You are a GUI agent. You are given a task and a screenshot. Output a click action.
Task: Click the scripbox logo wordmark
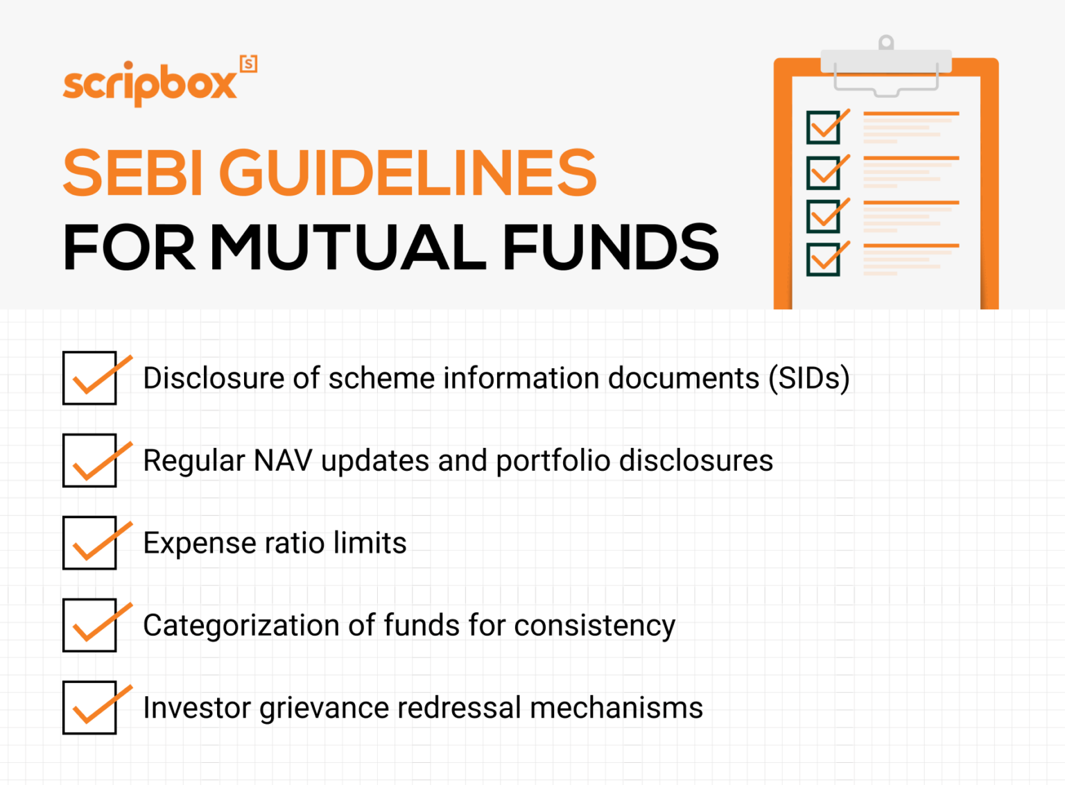point(150,84)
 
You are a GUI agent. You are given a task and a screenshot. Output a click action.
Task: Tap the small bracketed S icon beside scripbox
point(248,64)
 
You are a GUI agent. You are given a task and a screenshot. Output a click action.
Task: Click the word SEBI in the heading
point(133,173)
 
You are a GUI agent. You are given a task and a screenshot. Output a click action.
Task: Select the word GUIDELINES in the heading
point(408,173)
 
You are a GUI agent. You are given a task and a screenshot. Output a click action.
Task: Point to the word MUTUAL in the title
point(348,248)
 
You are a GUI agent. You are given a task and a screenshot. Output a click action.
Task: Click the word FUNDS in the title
point(610,248)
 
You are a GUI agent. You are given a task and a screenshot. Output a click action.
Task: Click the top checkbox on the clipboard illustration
point(824,127)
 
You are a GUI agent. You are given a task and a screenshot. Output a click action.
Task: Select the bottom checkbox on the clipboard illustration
point(824,259)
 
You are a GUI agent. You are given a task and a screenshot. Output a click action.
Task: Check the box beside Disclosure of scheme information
point(89,378)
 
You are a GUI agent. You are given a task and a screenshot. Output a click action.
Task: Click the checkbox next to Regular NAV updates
point(89,460)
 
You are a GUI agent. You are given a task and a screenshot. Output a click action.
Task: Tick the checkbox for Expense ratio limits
point(89,543)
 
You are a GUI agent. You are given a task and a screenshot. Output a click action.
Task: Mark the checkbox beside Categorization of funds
point(89,625)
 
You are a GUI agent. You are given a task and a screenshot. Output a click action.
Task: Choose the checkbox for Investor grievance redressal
point(89,707)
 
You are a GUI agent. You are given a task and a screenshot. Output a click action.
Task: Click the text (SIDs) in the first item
point(808,379)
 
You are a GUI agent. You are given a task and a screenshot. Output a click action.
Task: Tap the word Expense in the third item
point(199,543)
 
